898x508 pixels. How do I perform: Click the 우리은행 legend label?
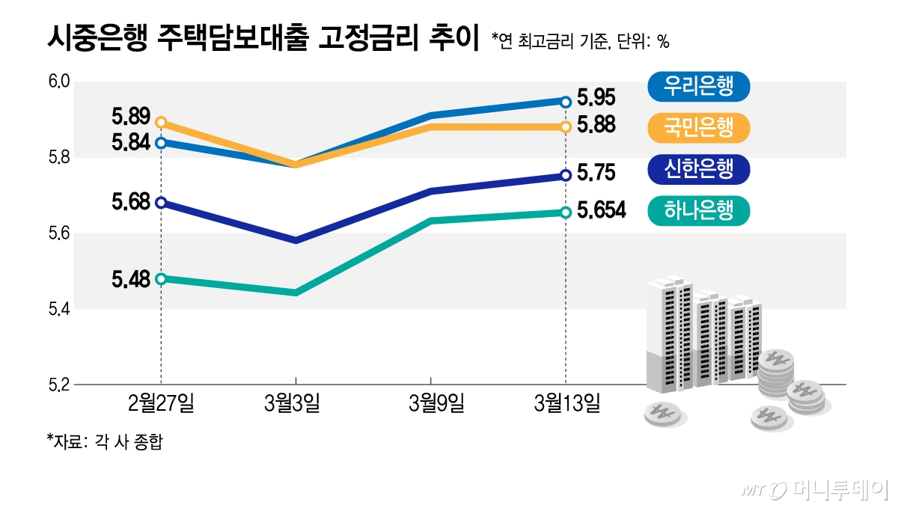pos(697,86)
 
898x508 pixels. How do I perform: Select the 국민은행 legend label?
pos(697,128)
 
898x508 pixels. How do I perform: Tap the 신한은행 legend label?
pos(697,170)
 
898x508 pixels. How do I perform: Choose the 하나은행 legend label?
pos(697,211)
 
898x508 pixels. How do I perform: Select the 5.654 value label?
pos(601,212)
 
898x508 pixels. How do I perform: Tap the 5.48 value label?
pos(132,279)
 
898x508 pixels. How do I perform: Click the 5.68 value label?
pos(132,202)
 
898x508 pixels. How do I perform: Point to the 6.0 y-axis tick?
pos(59,82)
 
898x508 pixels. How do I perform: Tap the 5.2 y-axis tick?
pos(59,385)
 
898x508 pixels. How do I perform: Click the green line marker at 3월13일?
pos(566,212)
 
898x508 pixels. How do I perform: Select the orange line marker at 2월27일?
pos(161,122)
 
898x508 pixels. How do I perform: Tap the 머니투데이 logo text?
pos(839,490)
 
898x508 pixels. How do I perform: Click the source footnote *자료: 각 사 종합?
pos(105,441)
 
